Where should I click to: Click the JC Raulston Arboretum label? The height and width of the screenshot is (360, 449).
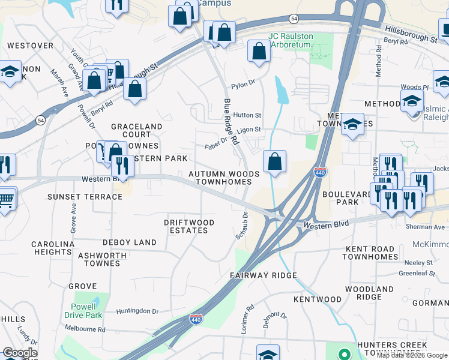(291, 40)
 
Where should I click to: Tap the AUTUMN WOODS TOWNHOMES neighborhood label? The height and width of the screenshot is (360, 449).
(224, 178)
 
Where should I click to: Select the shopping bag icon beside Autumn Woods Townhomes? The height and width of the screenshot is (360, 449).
(274, 161)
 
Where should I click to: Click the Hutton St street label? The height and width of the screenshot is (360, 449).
(248, 115)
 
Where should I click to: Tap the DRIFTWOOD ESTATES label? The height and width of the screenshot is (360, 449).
(189, 226)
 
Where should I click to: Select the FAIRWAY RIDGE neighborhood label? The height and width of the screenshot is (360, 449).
(264, 275)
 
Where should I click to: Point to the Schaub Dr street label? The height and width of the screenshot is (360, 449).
(242, 225)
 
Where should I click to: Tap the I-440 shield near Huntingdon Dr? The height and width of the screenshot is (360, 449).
(196, 319)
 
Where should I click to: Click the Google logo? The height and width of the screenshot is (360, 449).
(20, 353)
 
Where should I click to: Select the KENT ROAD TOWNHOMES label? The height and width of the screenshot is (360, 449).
(369, 253)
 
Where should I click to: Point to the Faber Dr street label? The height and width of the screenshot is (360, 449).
(216, 142)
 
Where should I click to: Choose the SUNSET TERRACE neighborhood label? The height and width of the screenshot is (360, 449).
(85, 197)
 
